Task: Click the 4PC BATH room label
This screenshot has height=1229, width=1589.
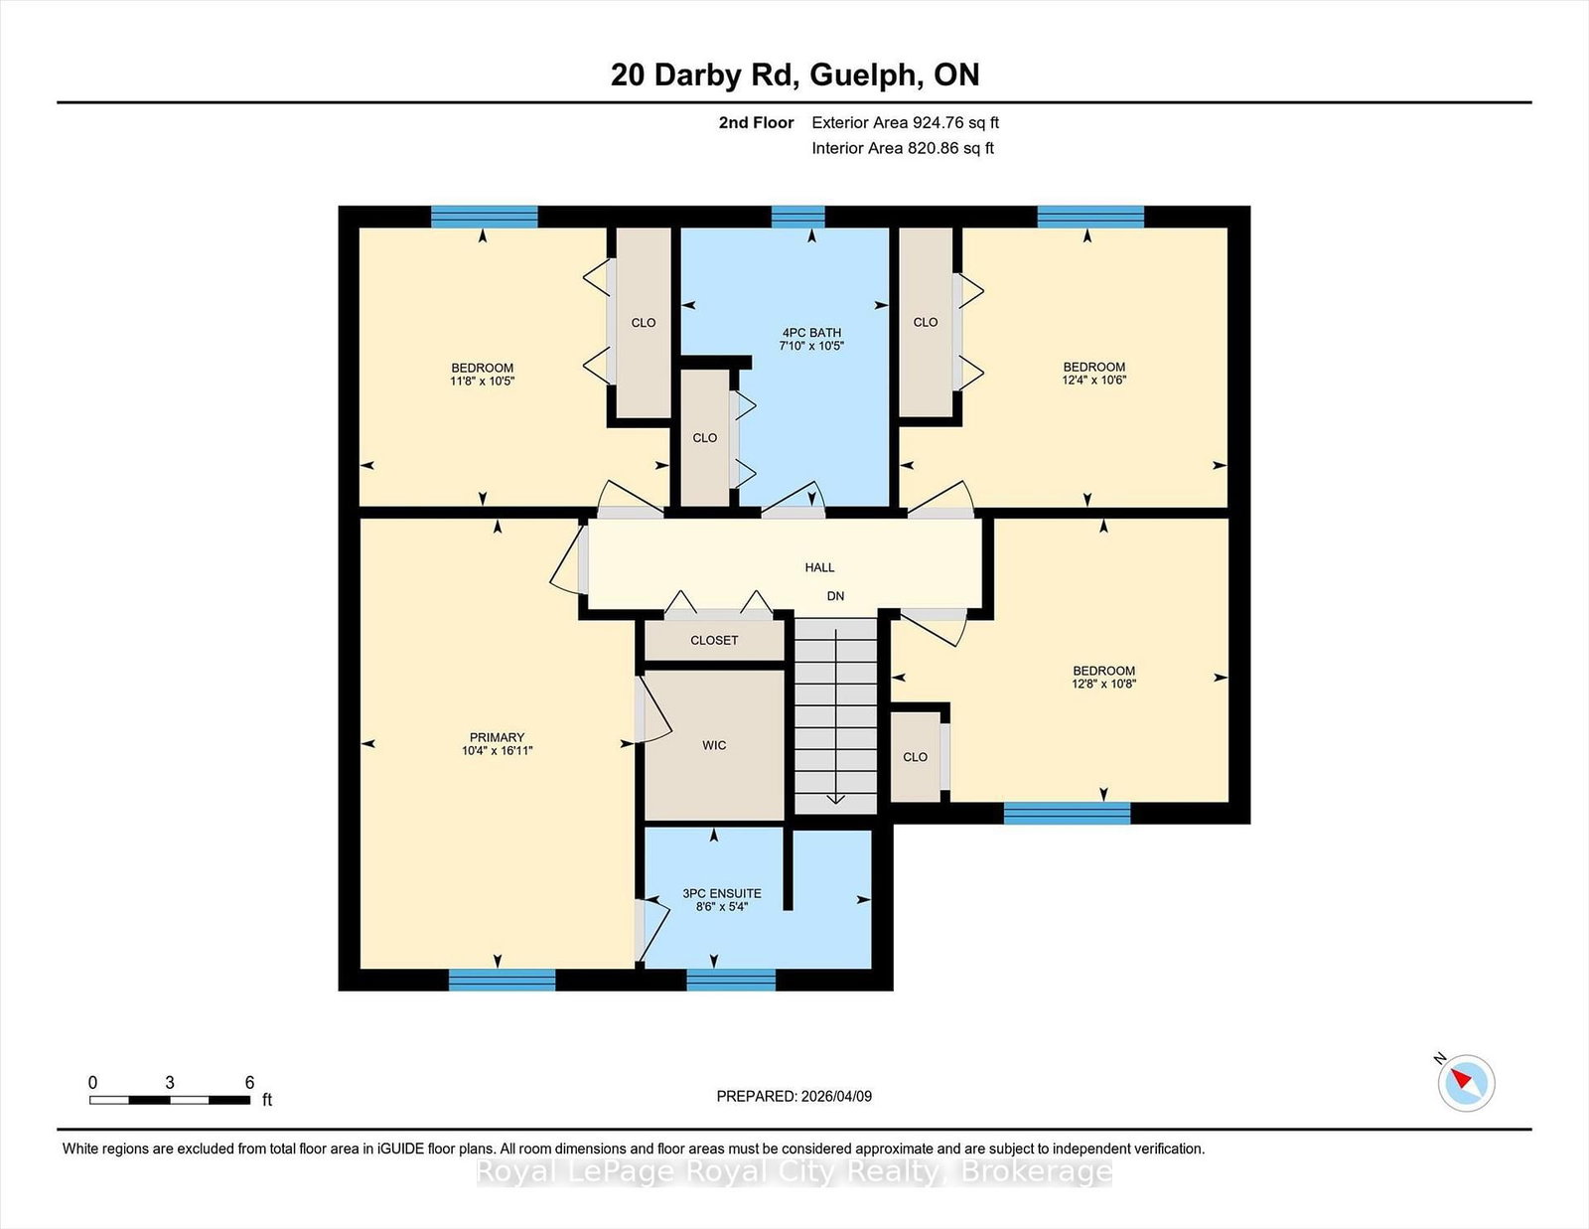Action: point(811,333)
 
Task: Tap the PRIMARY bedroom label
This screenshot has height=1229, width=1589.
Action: point(498,737)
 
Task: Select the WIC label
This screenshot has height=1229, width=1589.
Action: point(714,745)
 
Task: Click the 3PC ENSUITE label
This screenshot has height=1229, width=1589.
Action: point(722,893)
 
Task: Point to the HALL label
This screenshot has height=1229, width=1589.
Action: point(819,567)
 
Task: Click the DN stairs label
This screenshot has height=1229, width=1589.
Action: point(836,596)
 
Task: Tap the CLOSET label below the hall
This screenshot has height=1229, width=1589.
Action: point(714,640)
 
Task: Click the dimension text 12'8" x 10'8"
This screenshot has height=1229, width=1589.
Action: point(1104,684)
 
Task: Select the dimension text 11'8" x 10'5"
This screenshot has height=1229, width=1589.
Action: point(483,382)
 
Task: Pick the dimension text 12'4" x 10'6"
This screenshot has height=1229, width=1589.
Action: point(1094,381)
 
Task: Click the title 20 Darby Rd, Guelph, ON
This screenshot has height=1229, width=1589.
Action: point(794,75)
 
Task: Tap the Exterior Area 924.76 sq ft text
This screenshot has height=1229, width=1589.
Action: point(906,123)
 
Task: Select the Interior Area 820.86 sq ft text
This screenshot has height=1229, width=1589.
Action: point(903,148)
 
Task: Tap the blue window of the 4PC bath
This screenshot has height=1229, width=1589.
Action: point(797,218)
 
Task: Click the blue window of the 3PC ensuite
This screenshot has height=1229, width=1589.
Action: point(731,980)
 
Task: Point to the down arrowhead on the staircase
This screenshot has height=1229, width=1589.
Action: point(836,799)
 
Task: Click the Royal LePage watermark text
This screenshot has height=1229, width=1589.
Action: point(794,1172)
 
